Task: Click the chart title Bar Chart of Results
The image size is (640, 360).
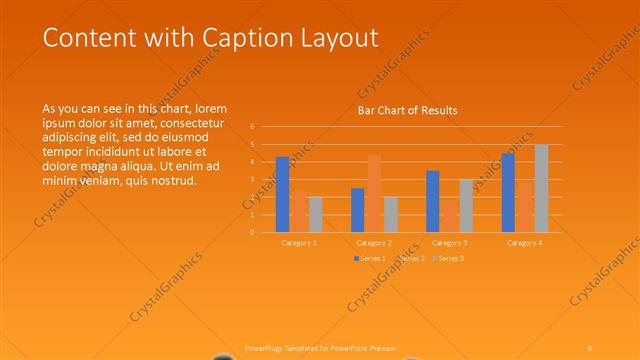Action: (x=408, y=110)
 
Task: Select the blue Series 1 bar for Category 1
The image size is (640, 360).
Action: (x=282, y=194)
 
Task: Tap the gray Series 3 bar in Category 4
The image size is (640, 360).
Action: (x=541, y=188)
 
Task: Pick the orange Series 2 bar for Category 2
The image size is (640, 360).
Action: (x=374, y=193)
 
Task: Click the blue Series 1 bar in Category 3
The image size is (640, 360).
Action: (x=432, y=201)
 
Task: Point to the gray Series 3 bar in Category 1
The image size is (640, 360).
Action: (x=316, y=214)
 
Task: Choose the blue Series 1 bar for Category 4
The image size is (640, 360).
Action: (x=508, y=192)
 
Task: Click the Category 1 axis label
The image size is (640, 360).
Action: (x=299, y=243)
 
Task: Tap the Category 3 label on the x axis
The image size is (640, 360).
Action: (x=449, y=243)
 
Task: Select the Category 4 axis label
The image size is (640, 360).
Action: (x=524, y=243)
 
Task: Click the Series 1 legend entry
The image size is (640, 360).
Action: (x=370, y=259)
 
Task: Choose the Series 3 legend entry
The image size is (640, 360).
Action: (x=449, y=259)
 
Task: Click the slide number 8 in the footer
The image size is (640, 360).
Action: (x=590, y=347)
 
